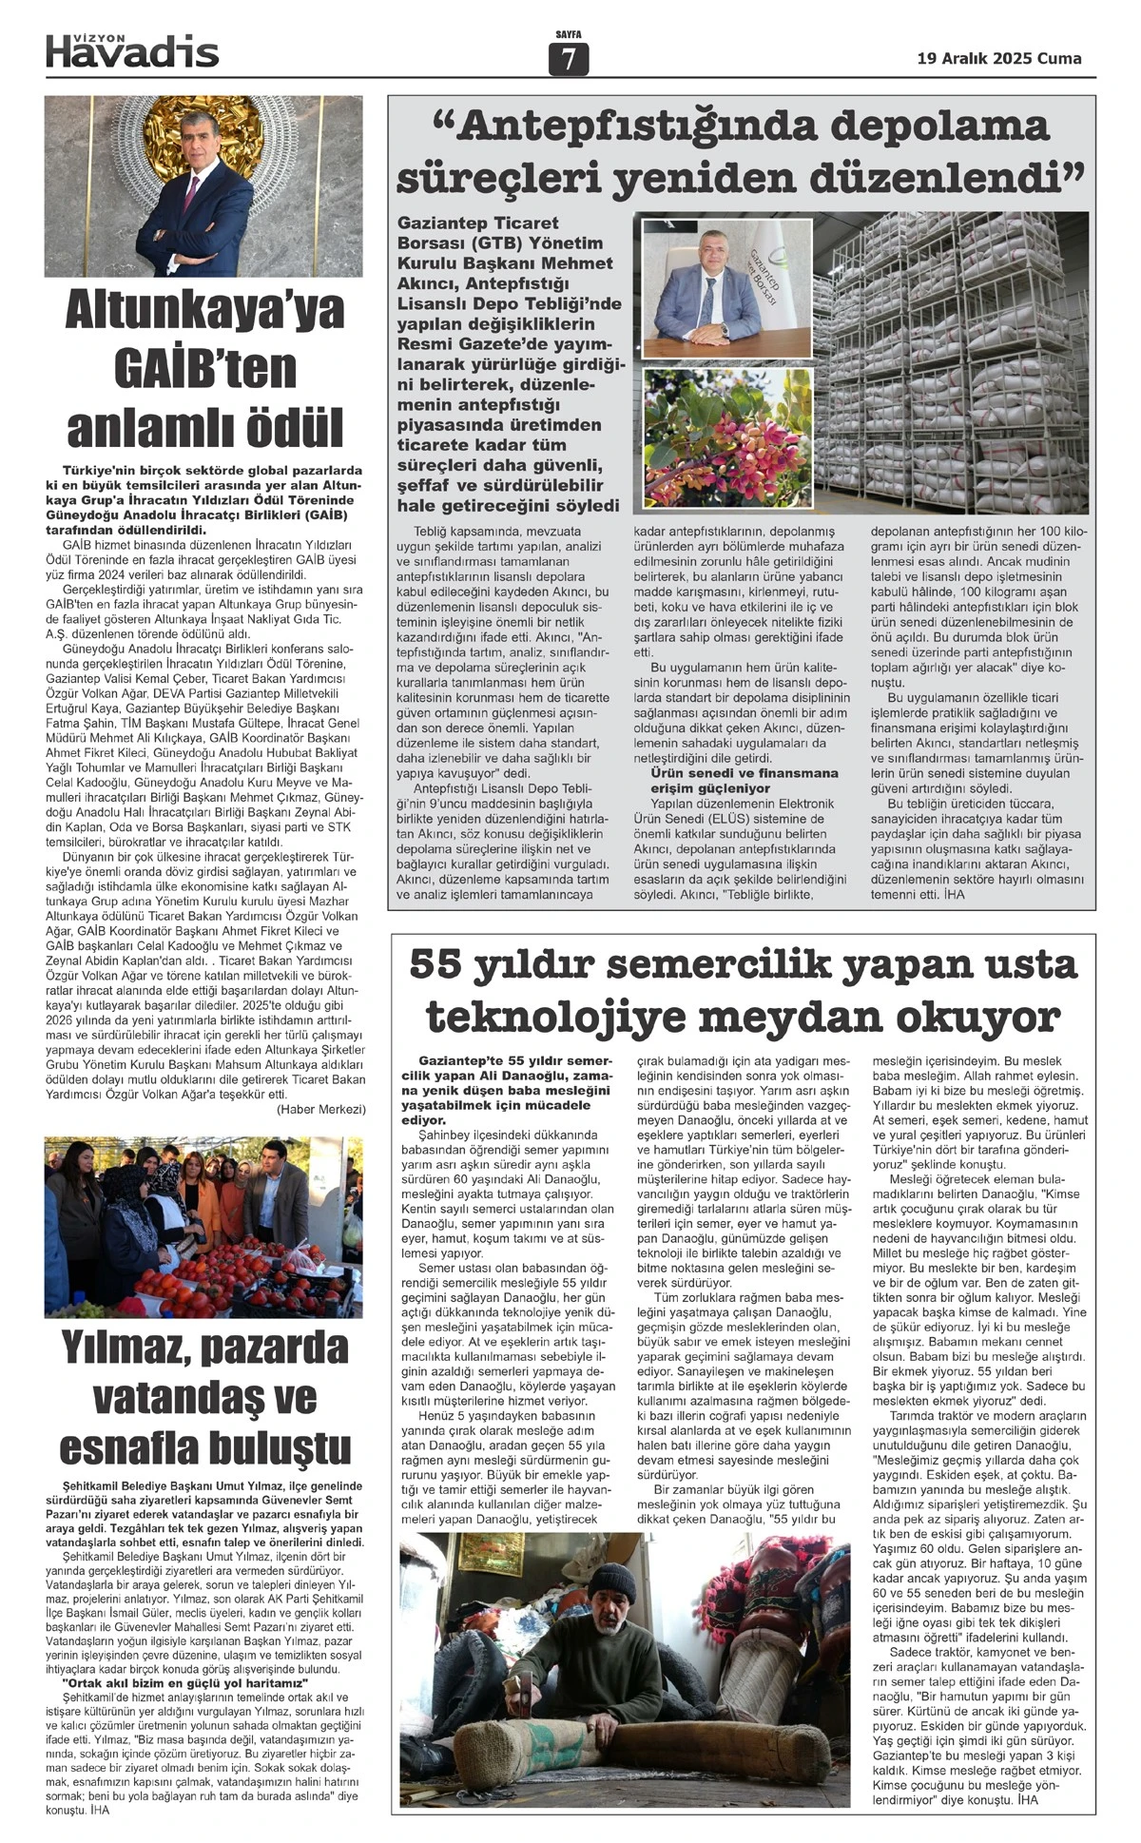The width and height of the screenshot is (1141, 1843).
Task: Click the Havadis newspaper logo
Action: pyautogui.click(x=132, y=51)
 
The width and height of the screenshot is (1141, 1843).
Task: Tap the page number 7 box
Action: pyautogui.click(x=569, y=60)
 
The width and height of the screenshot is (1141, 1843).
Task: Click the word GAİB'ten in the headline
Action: pyautogui.click(x=204, y=369)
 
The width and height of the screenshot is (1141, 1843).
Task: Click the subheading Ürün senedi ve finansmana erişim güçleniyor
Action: pyautogui.click(x=745, y=781)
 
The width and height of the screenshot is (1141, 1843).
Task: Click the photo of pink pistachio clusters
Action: pyautogui.click(x=727, y=437)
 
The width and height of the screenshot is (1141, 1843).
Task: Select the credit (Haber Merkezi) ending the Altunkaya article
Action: pyautogui.click(x=320, y=1110)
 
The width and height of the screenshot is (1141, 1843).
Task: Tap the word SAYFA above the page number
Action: pyautogui.click(x=569, y=35)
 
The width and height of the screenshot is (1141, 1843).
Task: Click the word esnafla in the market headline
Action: pyautogui.click(x=132, y=1449)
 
